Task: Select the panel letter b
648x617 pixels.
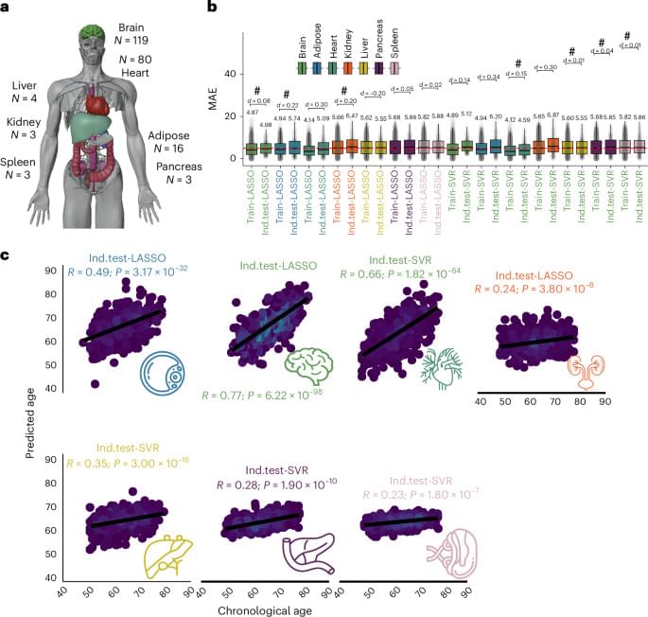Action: [212, 9]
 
